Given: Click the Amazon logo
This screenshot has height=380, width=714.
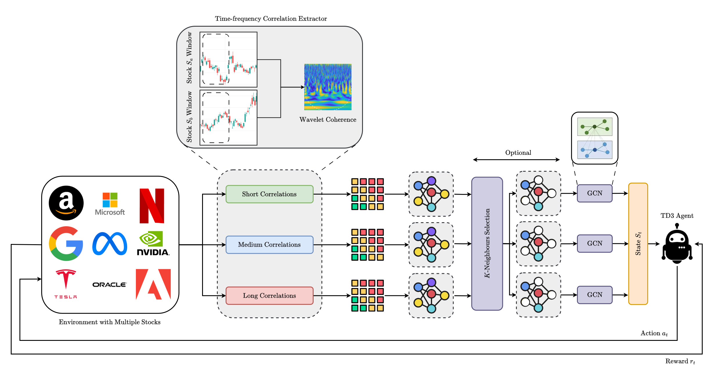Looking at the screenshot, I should click(x=66, y=203).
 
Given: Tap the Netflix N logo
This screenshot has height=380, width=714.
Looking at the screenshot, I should click(x=152, y=206).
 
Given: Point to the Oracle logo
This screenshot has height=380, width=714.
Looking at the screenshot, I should click(x=109, y=285).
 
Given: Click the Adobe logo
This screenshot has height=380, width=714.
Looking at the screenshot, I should click(x=153, y=284).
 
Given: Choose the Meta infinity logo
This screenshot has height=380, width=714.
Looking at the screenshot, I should click(x=110, y=244).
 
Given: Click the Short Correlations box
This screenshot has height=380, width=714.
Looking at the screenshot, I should click(x=269, y=194).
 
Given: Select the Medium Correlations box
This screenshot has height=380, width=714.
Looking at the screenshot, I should click(x=269, y=245).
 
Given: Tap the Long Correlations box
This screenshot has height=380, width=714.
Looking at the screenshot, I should click(x=269, y=296).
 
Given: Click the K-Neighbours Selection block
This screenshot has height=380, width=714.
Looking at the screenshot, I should click(x=487, y=244).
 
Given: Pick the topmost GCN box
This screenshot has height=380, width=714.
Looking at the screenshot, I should click(x=595, y=193).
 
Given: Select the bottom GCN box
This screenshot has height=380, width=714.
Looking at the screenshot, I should click(x=595, y=295).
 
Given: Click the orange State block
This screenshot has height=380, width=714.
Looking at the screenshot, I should click(x=638, y=244).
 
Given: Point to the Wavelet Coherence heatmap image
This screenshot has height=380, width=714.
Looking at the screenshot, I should click(x=328, y=87).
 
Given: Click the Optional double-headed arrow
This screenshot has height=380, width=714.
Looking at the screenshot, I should click(x=516, y=160).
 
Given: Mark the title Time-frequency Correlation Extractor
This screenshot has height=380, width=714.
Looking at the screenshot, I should click(x=271, y=19).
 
